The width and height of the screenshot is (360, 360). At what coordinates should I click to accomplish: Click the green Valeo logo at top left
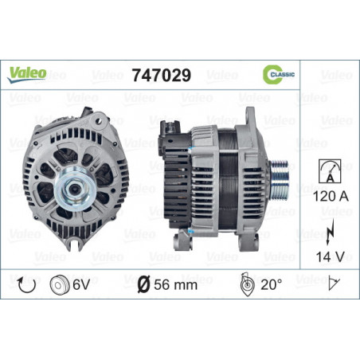26,75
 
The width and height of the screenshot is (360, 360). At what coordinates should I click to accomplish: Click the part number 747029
162,75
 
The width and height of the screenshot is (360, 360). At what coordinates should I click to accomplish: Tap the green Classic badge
279,74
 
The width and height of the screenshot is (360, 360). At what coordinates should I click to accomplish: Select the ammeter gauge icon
330,171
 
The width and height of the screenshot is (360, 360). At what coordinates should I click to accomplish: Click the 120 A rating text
331,197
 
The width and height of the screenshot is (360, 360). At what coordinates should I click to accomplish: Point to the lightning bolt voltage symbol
330,232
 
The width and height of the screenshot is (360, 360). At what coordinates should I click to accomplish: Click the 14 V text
330,256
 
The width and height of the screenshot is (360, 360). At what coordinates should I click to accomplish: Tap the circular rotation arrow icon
26,285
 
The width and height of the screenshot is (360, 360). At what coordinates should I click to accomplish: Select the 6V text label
81,285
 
